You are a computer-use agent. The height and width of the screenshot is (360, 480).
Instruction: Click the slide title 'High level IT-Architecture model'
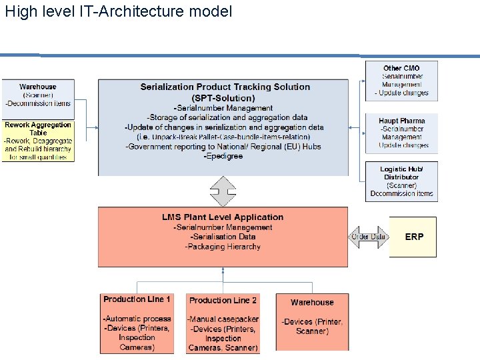click(x=119, y=11)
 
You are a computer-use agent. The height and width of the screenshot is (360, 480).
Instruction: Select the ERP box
click(x=413, y=237)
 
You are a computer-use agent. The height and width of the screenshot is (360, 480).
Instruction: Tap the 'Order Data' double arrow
click(x=368, y=237)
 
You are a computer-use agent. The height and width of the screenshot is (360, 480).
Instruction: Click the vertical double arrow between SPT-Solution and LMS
click(x=223, y=191)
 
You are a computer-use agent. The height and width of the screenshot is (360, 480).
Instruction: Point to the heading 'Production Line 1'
click(x=137, y=299)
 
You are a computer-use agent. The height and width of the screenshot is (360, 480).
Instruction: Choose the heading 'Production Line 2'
click(x=223, y=301)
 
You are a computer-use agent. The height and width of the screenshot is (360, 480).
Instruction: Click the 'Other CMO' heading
click(x=401, y=68)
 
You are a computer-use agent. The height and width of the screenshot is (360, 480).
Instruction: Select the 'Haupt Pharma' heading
click(x=401, y=121)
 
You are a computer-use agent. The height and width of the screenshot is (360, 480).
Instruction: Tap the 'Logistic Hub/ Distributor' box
click(x=401, y=181)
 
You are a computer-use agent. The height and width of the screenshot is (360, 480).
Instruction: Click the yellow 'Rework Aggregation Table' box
click(x=37, y=141)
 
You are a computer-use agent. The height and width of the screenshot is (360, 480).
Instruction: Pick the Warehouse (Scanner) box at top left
click(x=37, y=95)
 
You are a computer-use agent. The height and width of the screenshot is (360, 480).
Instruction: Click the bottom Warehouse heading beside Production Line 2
click(x=312, y=302)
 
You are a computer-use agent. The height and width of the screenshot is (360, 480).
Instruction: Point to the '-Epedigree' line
click(x=223, y=156)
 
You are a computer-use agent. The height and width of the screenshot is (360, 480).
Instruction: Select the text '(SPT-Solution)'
click(x=223, y=98)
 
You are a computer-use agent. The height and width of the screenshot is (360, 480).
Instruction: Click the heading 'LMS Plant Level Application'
click(x=223, y=217)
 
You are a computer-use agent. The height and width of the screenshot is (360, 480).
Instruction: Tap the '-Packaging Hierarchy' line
click(x=223, y=247)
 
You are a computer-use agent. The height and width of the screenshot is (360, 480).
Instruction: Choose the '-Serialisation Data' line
click(x=223, y=237)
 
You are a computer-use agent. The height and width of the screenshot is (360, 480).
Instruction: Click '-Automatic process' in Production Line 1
click(x=137, y=319)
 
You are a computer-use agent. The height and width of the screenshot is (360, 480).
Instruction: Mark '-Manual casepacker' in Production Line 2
click(x=223, y=319)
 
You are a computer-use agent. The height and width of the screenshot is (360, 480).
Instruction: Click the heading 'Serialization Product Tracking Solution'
click(x=225, y=87)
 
